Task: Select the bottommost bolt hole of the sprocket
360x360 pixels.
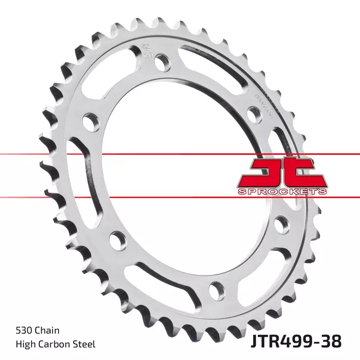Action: tap(216, 289)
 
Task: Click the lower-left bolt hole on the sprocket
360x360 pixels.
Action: tap(116, 241)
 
